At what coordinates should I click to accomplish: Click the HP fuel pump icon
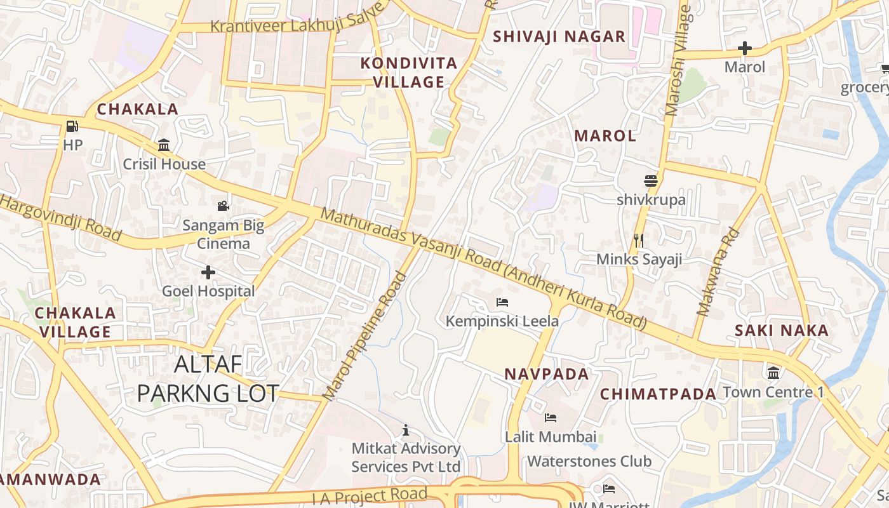click(x=72, y=126)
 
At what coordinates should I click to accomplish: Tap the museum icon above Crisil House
click(x=164, y=145)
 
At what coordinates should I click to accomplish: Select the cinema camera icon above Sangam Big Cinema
click(x=223, y=206)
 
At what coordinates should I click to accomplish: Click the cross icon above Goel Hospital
click(x=208, y=273)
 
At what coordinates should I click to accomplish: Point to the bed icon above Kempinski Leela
click(x=502, y=302)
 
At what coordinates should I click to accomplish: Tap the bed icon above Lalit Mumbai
click(x=551, y=418)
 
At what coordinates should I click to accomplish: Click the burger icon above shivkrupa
click(x=651, y=181)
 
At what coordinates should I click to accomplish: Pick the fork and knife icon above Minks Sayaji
click(x=639, y=240)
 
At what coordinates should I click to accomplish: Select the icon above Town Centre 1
click(x=773, y=373)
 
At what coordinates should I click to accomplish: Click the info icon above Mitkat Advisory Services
click(x=406, y=431)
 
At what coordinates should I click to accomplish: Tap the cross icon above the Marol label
click(x=745, y=48)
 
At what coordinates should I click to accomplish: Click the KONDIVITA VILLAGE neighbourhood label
click(x=409, y=72)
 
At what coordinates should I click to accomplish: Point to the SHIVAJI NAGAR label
click(x=559, y=36)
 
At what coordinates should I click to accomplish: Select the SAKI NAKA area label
click(x=782, y=330)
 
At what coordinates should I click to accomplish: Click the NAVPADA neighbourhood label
click(x=547, y=374)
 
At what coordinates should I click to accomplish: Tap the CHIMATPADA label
click(x=658, y=394)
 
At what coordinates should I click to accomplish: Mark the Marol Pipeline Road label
click(x=365, y=337)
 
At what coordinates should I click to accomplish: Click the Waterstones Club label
click(x=589, y=461)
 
